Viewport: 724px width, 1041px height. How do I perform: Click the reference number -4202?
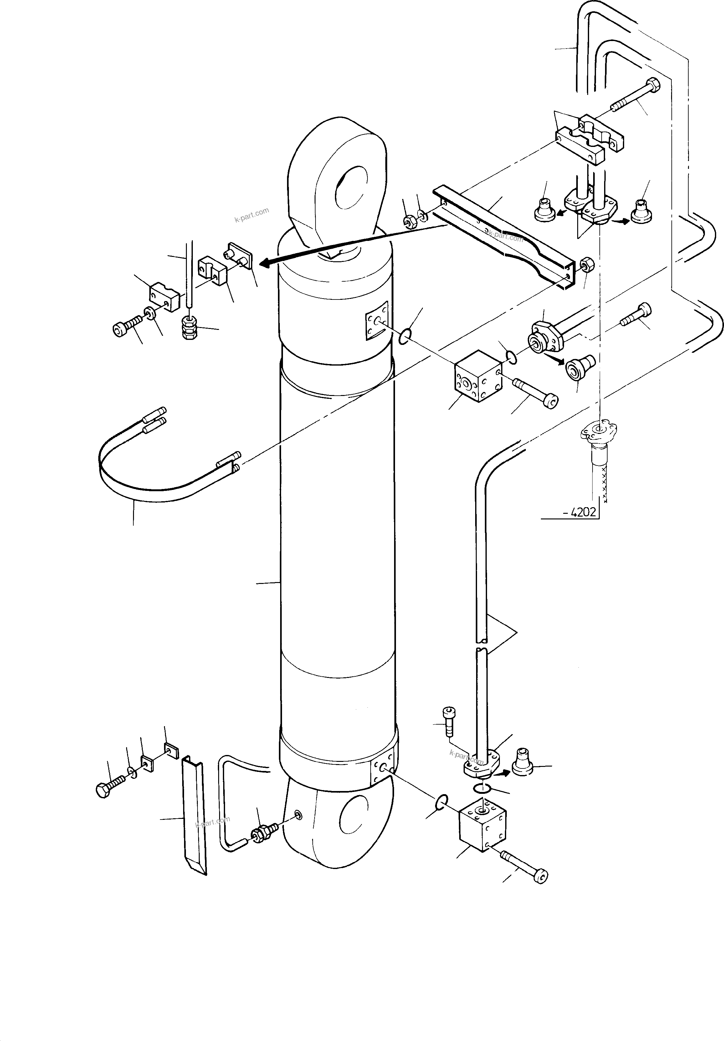[x=580, y=513]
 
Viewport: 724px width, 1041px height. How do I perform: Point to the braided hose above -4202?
[x=598, y=471]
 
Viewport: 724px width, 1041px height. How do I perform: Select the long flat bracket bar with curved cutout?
[x=507, y=238]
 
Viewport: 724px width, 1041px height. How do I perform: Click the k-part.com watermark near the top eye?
[x=251, y=215]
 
